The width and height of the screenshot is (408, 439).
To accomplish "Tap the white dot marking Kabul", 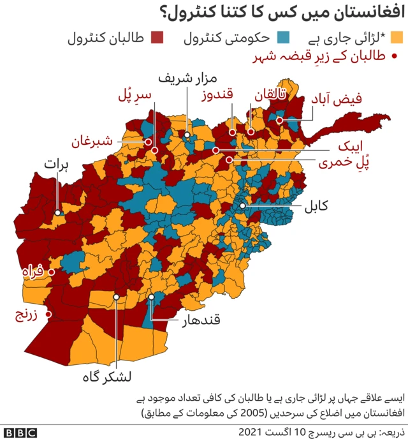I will pyautogui.click(x=243, y=206).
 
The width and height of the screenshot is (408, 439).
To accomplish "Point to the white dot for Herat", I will pyautogui.click(x=58, y=213).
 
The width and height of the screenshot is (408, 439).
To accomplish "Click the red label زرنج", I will pyautogui.click(x=27, y=315).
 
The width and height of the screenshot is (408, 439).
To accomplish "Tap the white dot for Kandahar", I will pyautogui.click(x=152, y=297).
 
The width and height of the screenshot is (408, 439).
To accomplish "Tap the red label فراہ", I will pyautogui.click(x=31, y=272).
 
